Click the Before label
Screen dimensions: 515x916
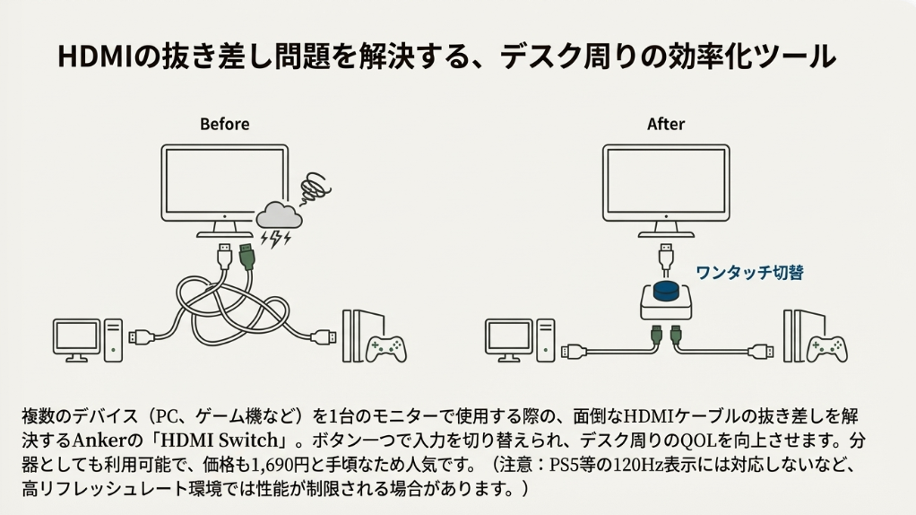click(224, 124)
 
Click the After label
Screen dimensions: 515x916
click(666, 124)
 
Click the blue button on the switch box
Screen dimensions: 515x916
click(666, 290)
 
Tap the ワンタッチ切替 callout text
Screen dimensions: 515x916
click(749, 272)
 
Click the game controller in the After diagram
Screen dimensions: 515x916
click(826, 346)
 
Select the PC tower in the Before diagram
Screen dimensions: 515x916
click(113, 340)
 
